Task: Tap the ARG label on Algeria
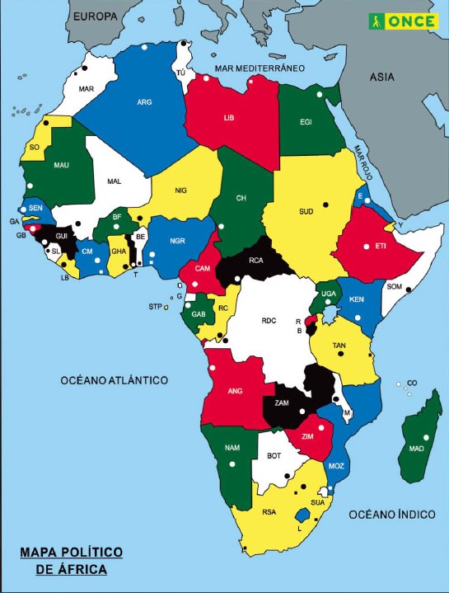[145, 103]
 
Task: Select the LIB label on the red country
[229, 118]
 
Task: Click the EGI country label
[306, 123]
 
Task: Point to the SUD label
[306, 211]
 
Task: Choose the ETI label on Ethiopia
[381, 246]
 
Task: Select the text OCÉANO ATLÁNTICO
[114, 380]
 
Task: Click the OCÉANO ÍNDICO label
[391, 514]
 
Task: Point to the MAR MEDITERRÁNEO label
[260, 68]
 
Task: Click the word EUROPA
[93, 16]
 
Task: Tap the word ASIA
[381, 77]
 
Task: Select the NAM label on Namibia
[232, 449]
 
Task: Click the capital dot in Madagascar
[427, 437]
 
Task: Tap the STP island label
[154, 307]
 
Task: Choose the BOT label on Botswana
[274, 455]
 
